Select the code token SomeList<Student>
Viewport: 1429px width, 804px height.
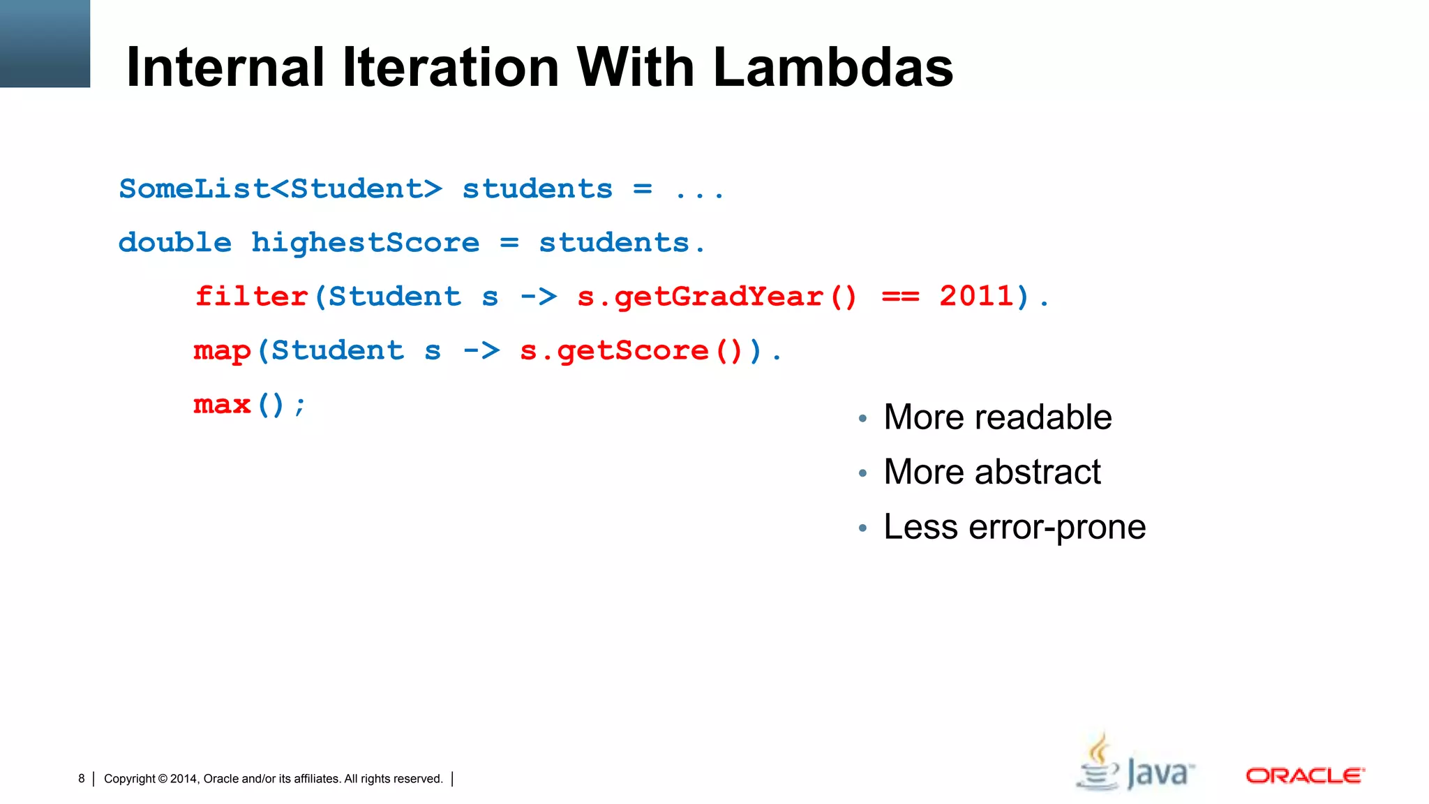coord(280,189)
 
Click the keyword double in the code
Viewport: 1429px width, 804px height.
coord(174,243)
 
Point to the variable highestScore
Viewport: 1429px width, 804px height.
coord(365,243)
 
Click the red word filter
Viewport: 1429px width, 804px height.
coord(251,297)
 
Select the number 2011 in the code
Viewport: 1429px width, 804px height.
coord(976,297)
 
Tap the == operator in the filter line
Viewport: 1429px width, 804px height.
coord(900,297)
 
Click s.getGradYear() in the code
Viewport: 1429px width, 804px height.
coord(717,297)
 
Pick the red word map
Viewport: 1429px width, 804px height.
coord(222,350)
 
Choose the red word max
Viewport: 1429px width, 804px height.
coord(222,405)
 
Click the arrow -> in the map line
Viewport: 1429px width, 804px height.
coord(481,350)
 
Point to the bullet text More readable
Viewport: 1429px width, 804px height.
coord(997,417)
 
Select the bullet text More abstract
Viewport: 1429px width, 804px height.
coord(992,472)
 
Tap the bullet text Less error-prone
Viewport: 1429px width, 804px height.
coord(1014,527)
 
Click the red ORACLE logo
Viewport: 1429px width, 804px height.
coord(1305,775)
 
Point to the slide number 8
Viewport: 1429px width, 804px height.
coord(82,778)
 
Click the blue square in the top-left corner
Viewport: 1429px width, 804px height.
coord(45,43)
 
